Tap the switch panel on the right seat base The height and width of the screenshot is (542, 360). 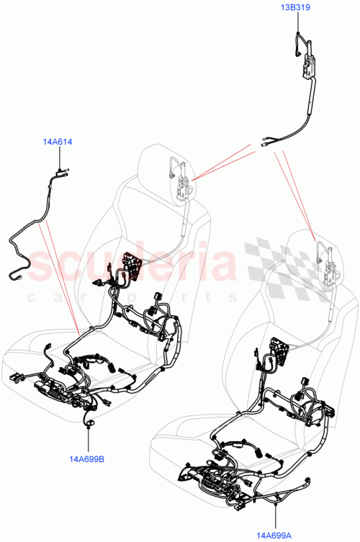pos(216,483)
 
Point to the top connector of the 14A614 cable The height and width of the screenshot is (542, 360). pos(56,171)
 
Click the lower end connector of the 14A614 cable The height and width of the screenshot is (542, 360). pos(17,274)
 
